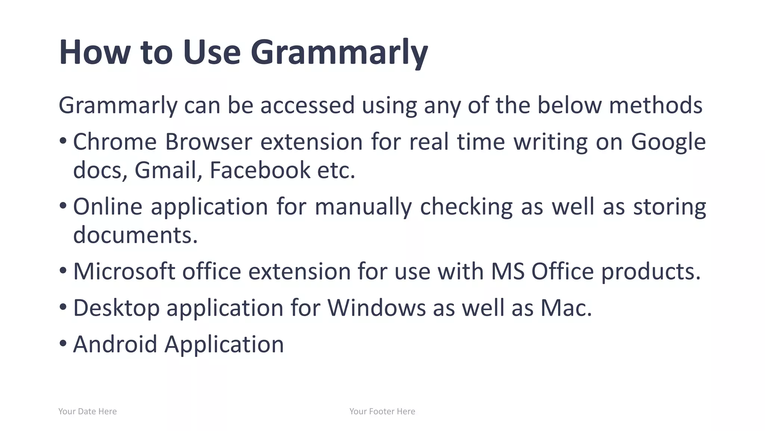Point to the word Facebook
(x=260, y=170)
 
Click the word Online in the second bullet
(x=108, y=207)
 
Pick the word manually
(x=363, y=207)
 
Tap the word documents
(x=135, y=235)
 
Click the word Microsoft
(x=124, y=271)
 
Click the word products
(x=650, y=271)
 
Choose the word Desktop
(x=116, y=308)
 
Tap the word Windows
(x=377, y=308)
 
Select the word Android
(x=115, y=344)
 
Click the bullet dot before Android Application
(x=63, y=343)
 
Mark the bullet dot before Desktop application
(x=63, y=307)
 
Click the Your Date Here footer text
(x=87, y=412)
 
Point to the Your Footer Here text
(x=382, y=412)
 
